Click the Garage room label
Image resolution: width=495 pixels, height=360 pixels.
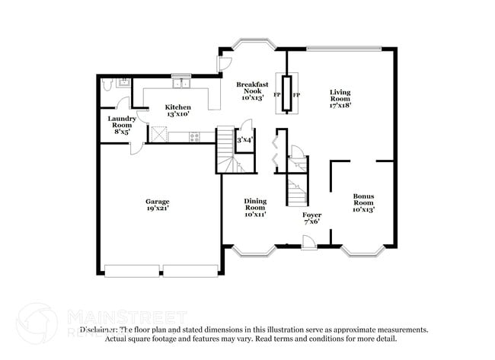(158, 201)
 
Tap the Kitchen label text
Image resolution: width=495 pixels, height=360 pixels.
(177, 107)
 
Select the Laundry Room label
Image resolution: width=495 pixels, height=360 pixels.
(122, 122)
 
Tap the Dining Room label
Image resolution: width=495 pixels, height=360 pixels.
(255, 204)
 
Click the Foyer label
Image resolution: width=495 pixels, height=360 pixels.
(312, 215)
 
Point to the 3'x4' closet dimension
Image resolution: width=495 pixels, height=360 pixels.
(244, 140)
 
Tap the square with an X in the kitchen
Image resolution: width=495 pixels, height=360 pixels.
(159, 135)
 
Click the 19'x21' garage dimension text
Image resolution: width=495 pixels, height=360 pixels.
(158, 207)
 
